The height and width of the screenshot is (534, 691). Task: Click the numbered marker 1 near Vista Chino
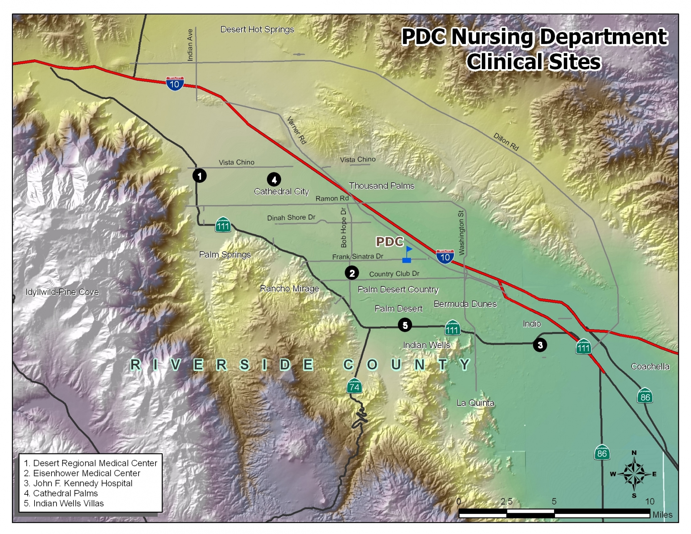click(x=199, y=176)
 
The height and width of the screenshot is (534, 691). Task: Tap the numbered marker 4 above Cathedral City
click(x=274, y=180)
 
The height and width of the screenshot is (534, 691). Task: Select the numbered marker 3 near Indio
click(x=540, y=345)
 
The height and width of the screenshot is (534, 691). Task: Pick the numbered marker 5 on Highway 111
click(x=405, y=325)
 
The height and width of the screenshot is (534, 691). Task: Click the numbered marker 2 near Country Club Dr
click(x=352, y=273)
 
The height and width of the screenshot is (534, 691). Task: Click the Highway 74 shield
click(x=354, y=387)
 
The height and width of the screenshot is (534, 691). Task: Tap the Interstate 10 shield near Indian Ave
click(x=175, y=83)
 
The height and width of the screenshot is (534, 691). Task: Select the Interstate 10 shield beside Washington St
click(x=445, y=257)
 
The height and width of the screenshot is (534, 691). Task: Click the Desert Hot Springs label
click(x=257, y=30)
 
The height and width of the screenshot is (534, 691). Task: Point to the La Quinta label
click(x=475, y=403)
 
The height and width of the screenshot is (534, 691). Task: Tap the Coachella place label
click(x=650, y=366)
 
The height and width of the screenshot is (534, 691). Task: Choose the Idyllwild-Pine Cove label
click(x=62, y=292)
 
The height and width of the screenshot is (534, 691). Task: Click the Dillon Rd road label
click(x=506, y=142)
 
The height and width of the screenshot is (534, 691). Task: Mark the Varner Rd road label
click(x=297, y=130)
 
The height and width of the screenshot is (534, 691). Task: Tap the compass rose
click(x=634, y=474)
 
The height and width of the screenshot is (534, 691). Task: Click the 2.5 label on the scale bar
click(x=506, y=502)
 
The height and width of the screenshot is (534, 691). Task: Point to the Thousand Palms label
click(x=381, y=186)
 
